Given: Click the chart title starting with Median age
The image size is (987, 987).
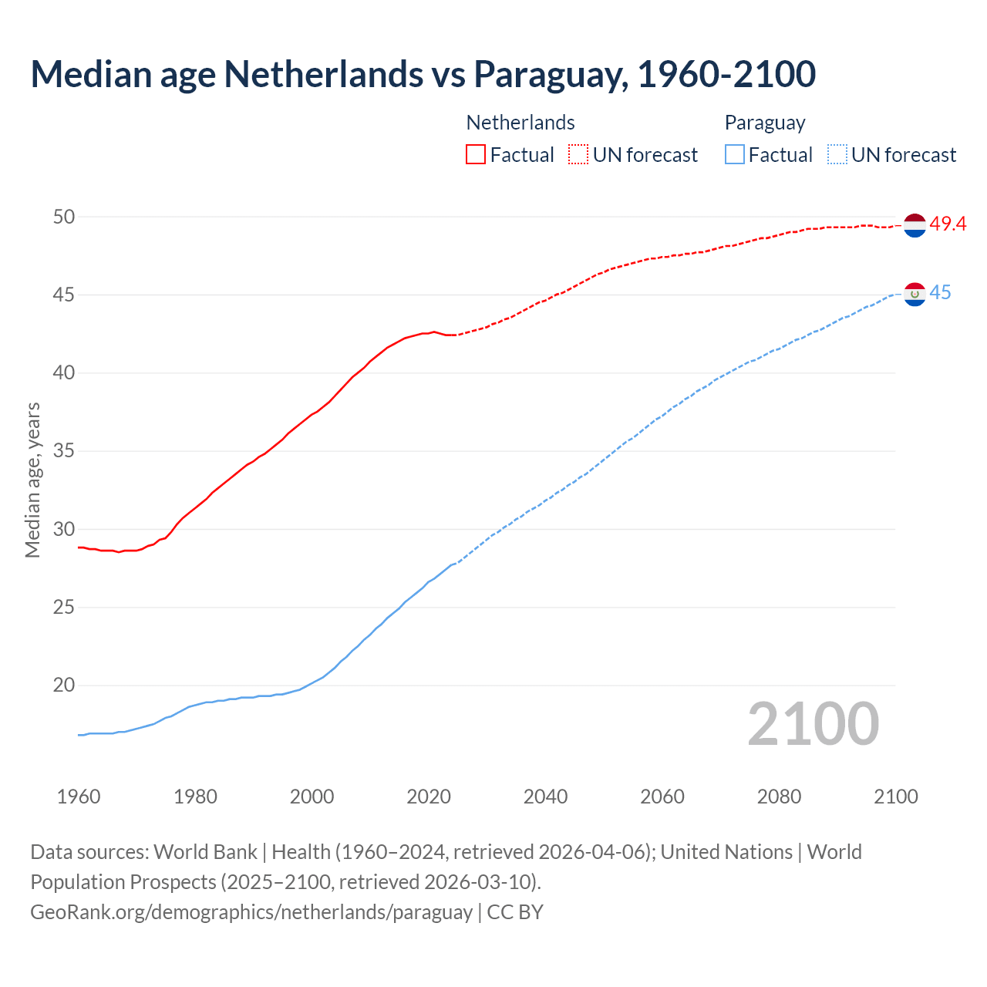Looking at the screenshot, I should pos(423,74).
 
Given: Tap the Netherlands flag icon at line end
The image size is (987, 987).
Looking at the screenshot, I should pos(915,225).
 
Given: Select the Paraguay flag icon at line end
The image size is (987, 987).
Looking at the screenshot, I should pos(915,294).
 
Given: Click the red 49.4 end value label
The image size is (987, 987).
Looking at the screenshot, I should pos(948,224).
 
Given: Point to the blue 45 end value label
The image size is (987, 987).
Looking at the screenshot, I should pos(940,293).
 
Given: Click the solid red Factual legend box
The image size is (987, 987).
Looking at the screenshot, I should pos(476,155).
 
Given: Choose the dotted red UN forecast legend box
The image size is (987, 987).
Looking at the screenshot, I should pos(578,155).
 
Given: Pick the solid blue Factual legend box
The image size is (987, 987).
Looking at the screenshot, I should pos(735,155).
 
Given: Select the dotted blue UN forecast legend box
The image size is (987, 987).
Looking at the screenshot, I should pos(837,155).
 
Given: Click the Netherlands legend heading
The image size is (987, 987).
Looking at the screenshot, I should pos(520,123).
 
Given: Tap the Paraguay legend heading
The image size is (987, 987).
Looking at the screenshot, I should pos(765,123).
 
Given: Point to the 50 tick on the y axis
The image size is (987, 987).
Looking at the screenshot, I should pos(64,217).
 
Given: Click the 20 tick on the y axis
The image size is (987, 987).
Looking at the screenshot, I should pos(64,685).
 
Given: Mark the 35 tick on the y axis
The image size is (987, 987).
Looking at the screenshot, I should pos(64,451).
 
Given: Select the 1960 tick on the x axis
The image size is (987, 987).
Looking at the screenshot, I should pos(79,797).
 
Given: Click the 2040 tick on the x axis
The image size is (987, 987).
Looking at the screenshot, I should pos(545,797).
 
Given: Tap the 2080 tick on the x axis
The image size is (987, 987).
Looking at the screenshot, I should pos(779,797).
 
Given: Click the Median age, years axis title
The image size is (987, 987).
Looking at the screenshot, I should pos(32,480).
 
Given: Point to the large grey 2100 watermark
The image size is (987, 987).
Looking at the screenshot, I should pos(813,723).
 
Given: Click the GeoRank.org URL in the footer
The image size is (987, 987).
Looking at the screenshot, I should pos(251,912).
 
